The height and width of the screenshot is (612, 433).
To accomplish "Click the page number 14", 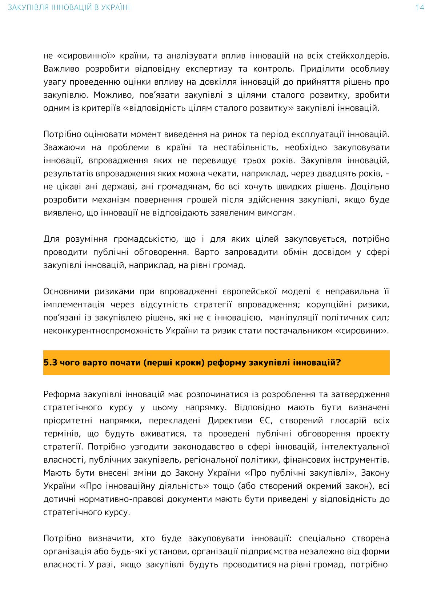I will [x=420, y=8].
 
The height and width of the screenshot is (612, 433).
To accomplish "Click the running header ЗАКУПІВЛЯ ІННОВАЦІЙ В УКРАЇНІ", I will [x=69, y=8].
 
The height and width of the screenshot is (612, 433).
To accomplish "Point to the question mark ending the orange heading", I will [x=338, y=362].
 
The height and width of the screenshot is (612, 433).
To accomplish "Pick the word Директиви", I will [x=228, y=420].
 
